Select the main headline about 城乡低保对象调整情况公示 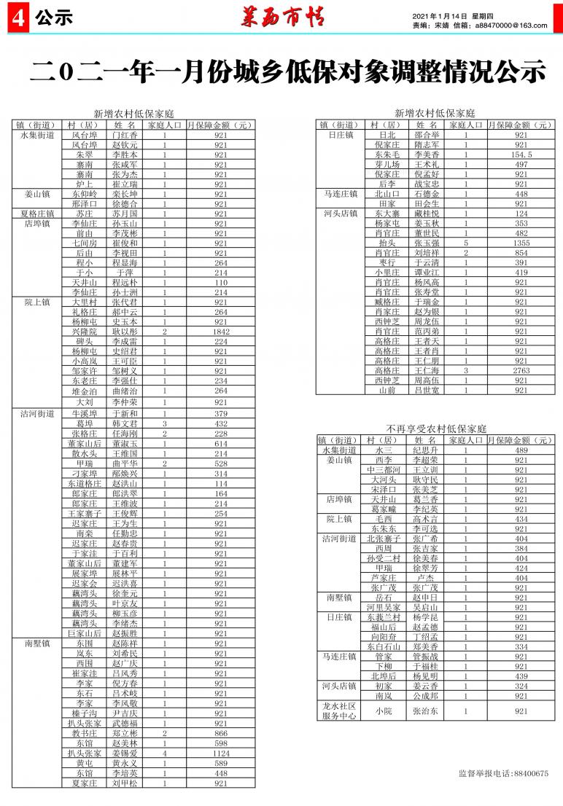289,71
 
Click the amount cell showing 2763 521,370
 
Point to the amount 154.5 521,154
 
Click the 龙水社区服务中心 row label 340,711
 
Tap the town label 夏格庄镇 38,214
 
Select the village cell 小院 384,711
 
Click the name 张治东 426,711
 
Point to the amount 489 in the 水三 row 521,450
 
